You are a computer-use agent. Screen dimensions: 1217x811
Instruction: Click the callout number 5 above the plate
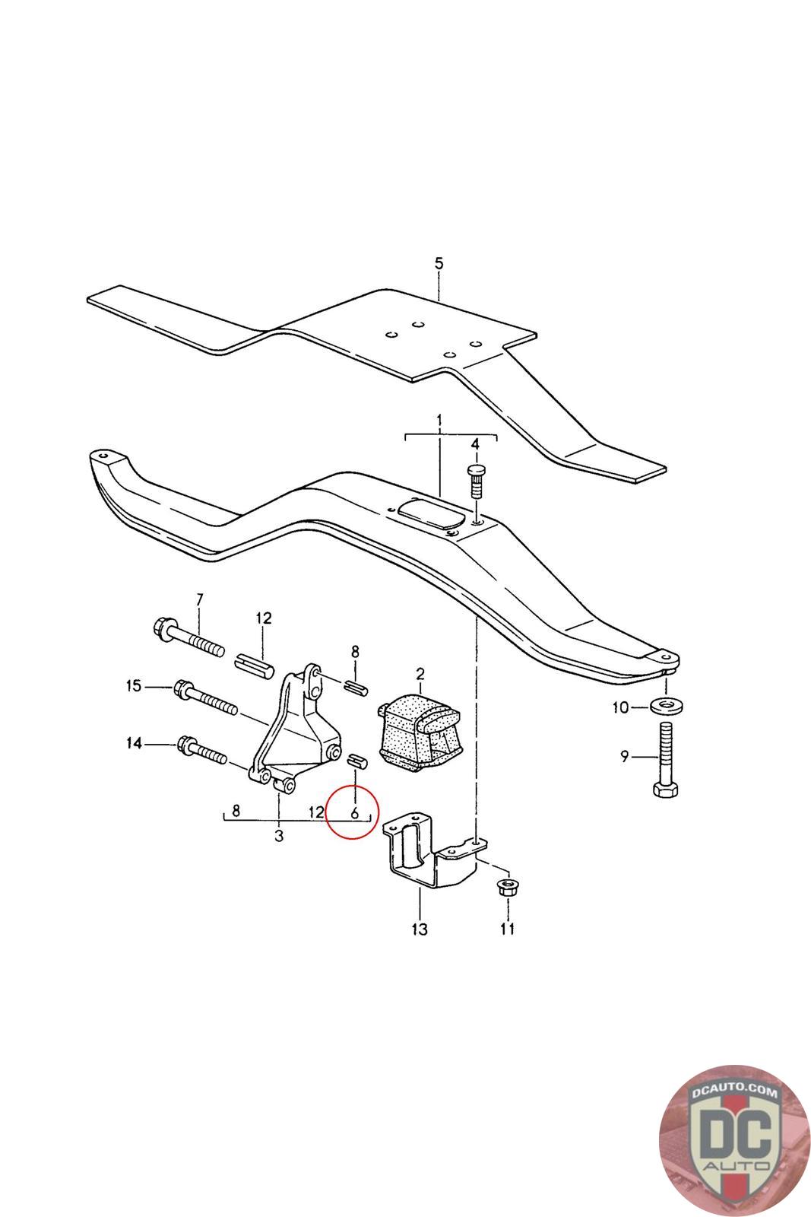pyautogui.click(x=438, y=263)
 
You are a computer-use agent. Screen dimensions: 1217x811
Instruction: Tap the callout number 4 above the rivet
pyautogui.click(x=475, y=444)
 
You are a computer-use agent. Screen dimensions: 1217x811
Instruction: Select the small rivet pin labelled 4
pyautogui.click(x=475, y=479)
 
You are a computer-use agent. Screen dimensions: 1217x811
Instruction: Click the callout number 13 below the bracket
pyautogui.click(x=419, y=929)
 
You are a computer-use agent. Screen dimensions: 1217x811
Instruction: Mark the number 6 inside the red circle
pyautogui.click(x=354, y=813)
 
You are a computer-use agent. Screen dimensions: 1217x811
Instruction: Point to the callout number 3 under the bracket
pyautogui.click(x=279, y=837)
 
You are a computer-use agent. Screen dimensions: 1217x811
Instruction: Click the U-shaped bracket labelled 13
pyautogui.click(x=426, y=851)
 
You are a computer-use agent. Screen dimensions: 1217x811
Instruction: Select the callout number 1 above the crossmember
pyautogui.click(x=439, y=421)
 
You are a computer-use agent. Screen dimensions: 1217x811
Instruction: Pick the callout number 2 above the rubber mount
pyautogui.click(x=419, y=673)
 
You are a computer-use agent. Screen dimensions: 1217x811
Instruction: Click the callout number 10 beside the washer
pyautogui.click(x=620, y=707)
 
